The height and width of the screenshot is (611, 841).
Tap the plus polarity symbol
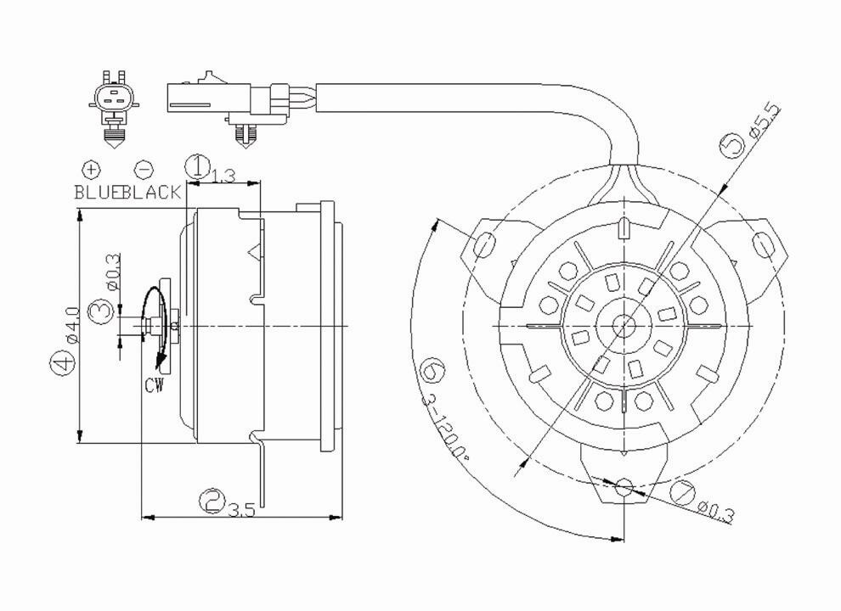91,168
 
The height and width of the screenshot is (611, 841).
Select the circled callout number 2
212,500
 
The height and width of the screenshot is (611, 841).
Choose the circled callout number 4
60,365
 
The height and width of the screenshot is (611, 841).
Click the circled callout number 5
732,146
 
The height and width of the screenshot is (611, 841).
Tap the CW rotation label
154,386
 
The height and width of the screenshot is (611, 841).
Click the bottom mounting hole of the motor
624,487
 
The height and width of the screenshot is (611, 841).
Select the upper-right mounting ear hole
764,244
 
